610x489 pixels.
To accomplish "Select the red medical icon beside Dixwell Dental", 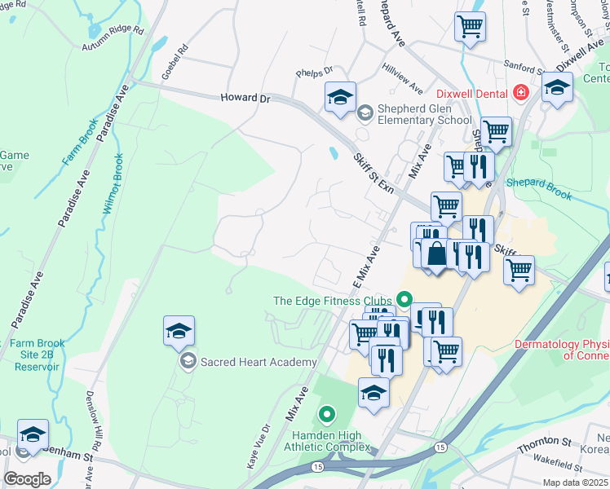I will coord(520,94).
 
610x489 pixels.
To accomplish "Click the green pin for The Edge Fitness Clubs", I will coord(402,300).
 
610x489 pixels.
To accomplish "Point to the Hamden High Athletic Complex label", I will coord(326,440).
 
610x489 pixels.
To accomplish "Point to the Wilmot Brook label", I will coord(112,183).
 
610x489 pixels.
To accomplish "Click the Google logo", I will coord(27,479).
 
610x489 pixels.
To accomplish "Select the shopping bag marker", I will coord(437,253).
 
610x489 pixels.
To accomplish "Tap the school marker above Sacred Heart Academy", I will coord(179,331).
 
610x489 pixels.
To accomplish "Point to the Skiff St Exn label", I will coord(374,173).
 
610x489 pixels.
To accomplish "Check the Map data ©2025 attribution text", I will coord(575,482).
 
